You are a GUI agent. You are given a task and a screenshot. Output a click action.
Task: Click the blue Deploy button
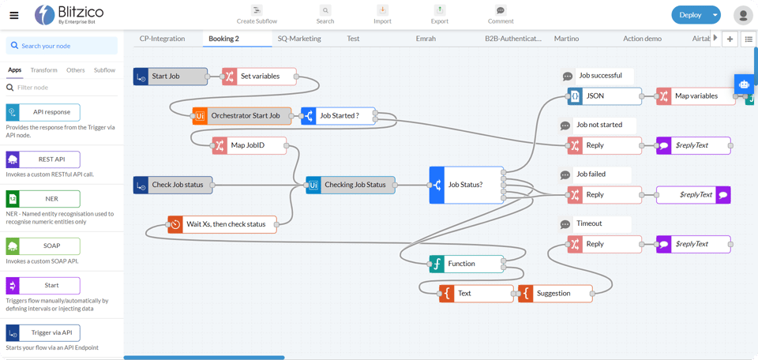click(x=689, y=15)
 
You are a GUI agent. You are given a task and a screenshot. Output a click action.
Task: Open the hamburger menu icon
click(x=13, y=15)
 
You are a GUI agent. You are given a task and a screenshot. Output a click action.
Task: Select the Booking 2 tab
click(x=223, y=38)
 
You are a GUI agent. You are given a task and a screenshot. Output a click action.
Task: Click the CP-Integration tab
click(x=162, y=38)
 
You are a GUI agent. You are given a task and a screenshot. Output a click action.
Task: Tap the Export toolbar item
click(x=440, y=14)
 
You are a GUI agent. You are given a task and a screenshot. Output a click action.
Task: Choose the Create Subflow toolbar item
click(x=257, y=14)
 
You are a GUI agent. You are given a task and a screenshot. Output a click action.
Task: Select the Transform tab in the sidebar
click(x=44, y=70)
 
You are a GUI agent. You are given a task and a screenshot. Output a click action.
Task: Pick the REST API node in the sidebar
click(x=43, y=159)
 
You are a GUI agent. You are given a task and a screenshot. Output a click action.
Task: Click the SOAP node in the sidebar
click(x=43, y=246)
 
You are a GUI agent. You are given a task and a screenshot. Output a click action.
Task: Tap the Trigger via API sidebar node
click(x=43, y=332)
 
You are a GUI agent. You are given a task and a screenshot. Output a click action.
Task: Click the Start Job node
click(x=171, y=77)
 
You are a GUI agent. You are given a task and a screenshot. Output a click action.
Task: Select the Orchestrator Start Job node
click(x=242, y=115)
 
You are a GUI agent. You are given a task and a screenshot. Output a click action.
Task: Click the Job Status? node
click(x=467, y=185)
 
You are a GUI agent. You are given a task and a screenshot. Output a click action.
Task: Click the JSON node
click(x=605, y=96)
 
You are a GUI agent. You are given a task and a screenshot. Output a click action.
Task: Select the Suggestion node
click(x=555, y=293)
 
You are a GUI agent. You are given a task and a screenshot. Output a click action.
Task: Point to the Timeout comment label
click(x=589, y=223)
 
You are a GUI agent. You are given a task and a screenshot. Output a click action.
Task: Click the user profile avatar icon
click(x=743, y=15)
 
